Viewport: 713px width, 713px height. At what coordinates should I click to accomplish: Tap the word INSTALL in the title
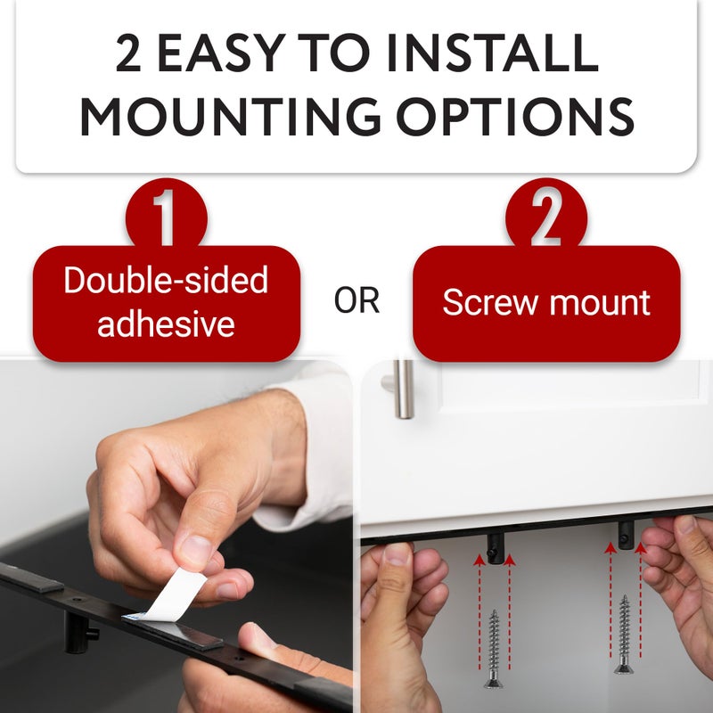[493, 53]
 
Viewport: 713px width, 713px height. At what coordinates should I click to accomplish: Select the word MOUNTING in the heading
[231, 117]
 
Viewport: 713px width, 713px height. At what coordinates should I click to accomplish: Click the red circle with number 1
[166, 216]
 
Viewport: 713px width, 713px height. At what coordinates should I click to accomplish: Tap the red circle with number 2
[546, 216]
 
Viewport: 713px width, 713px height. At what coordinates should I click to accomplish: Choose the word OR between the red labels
[356, 300]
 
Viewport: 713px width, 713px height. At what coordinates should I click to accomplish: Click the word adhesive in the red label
[166, 324]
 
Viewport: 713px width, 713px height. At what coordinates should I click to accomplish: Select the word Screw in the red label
[489, 302]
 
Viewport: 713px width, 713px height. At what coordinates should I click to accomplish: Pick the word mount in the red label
[600, 303]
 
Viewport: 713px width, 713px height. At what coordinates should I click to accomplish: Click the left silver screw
[495, 649]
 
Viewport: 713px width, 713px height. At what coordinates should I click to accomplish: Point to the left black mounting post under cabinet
[496, 548]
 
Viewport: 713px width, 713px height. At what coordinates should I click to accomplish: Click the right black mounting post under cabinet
[627, 536]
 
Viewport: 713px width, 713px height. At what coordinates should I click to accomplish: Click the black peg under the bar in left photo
[79, 632]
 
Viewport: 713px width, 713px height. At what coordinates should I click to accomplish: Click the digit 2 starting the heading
[128, 53]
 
